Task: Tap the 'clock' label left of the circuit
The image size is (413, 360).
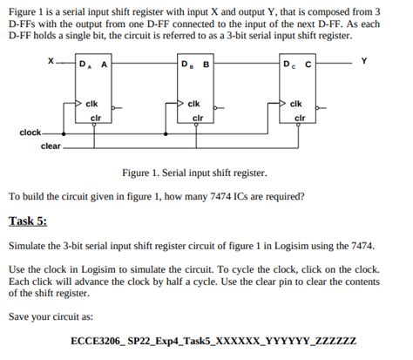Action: point(30,132)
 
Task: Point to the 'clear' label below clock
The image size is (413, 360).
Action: point(51,146)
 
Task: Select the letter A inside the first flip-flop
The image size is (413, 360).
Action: point(105,65)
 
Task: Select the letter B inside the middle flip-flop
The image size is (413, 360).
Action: point(206,65)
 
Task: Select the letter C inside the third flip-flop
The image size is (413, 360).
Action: point(308,65)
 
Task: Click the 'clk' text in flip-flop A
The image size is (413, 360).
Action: point(91,104)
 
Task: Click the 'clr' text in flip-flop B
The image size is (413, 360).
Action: point(197,117)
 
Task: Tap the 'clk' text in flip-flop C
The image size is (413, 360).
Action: point(296,104)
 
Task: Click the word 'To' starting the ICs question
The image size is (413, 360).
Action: point(14,196)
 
